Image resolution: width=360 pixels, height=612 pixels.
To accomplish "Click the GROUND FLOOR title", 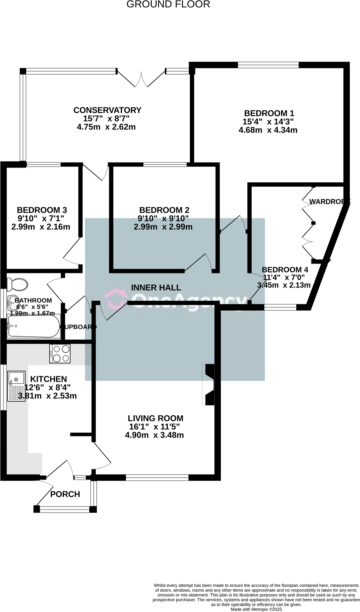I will pyautogui.click(x=168, y=4).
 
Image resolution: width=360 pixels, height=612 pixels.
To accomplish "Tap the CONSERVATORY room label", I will pyautogui.click(x=107, y=110).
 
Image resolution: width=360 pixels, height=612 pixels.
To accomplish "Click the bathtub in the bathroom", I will pyautogui.click(x=33, y=326).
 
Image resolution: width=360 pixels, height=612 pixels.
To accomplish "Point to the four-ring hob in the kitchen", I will pyautogui.click(x=60, y=354).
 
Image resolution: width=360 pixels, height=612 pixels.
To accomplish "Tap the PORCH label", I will pyautogui.click(x=65, y=494).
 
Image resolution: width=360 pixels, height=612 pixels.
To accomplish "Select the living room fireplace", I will pyautogui.click(x=209, y=385).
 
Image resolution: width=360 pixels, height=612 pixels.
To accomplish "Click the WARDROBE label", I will pyautogui.click(x=329, y=201).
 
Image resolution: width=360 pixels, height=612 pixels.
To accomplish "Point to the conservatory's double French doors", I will pyautogui.click(x=141, y=79).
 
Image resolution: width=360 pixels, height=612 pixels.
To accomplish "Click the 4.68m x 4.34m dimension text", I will pyautogui.click(x=268, y=130).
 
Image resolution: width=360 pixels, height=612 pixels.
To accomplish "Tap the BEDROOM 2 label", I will pyautogui.click(x=164, y=210).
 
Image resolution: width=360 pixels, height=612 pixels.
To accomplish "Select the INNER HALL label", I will pyautogui.click(x=156, y=287).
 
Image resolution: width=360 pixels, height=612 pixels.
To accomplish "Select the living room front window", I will pyautogui.click(x=157, y=477).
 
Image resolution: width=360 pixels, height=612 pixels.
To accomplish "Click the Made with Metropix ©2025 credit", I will pyautogui.click(x=256, y=609).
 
